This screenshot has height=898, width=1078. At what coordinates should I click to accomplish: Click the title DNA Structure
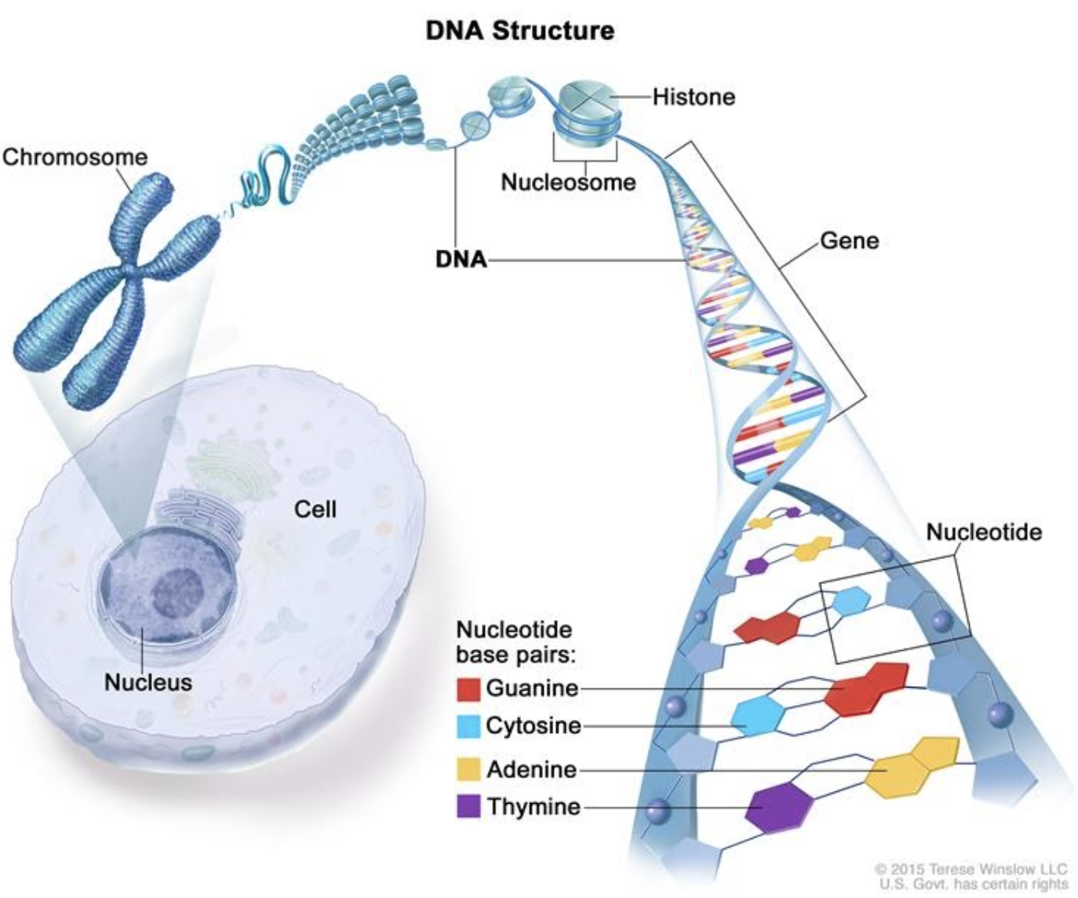tap(519, 31)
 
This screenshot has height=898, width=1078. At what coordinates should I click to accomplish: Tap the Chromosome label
tap(75, 157)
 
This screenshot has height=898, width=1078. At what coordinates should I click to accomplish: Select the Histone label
tap(694, 97)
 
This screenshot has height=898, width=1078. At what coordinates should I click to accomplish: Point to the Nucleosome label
tap(568, 182)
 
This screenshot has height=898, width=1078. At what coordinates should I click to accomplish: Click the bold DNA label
tap(461, 259)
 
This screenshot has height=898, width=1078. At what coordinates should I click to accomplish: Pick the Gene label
tap(849, 240)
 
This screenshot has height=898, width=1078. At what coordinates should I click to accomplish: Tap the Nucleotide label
tap(984, 532)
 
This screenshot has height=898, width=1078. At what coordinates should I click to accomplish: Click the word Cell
tap(315, 509)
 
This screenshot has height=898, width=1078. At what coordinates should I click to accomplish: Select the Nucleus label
tap(147, 682)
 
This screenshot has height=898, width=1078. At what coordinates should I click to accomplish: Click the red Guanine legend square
tap(468, 688)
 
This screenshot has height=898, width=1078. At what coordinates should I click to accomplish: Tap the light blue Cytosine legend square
tap(468, 726)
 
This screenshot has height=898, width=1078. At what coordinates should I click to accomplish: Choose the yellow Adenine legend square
tap(468, 769)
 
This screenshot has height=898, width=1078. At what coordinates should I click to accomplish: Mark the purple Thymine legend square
tap(468, 806)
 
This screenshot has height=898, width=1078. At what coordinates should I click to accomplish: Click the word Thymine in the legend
tap(534, 806)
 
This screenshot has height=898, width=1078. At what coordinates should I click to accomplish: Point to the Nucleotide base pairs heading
tap(515, 642)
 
